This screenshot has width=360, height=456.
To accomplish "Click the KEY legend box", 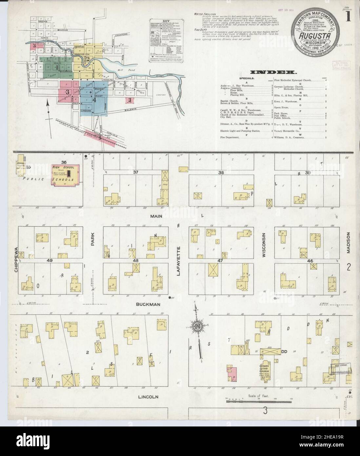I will [x=167, y=46].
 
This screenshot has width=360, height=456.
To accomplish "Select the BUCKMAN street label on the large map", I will [x=149, y=304].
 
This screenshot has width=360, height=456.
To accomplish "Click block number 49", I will [x=50, y=260].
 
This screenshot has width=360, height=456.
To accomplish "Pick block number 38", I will [x=221, y=172].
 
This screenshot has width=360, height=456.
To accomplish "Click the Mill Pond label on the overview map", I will [x=123, y=70].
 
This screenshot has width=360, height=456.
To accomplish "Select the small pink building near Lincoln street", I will [x=232, y=374].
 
